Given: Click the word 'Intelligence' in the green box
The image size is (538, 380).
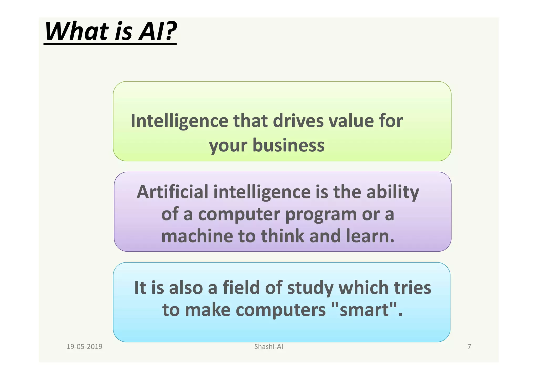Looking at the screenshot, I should click(x=179, y=121).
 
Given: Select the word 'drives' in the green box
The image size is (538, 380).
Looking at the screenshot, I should click(x=298, y=121).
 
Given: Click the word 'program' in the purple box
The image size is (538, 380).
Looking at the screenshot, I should click(x=321, y=215).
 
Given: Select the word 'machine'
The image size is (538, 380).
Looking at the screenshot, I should click(x=197, y=236).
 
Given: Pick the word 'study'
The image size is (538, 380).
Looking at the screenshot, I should click(x=310, y=288).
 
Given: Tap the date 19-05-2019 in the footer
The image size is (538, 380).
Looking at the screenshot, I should click(x=84, y=347).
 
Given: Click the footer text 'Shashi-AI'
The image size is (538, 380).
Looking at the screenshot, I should click(x=269, y=347).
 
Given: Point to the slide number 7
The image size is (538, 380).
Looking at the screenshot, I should click(x=469, y=347).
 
